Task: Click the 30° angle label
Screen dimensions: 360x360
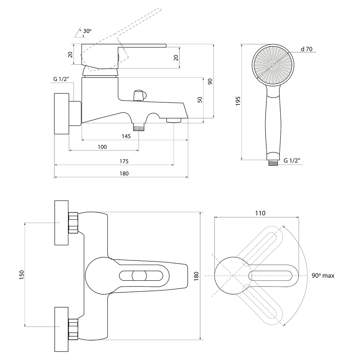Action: [87, 31]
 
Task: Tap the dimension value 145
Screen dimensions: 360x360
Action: [126, 136]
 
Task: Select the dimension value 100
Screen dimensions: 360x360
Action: [102, 147]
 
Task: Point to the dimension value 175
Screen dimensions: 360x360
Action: [123, 161]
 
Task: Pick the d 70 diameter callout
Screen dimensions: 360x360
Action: [307, 49]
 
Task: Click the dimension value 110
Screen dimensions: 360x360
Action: [260, 213]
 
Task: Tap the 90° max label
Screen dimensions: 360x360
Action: [322, 276]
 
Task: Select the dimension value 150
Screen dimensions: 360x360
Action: [21, 275]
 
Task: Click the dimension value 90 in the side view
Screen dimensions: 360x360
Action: [210, 81]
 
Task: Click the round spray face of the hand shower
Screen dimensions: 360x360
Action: [273, 65]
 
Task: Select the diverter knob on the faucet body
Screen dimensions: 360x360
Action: [139, 95]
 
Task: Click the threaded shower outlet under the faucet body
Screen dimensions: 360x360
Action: [139, 127]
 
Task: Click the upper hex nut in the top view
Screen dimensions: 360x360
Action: [73, 223]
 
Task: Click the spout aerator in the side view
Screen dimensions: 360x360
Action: [174, 120]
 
